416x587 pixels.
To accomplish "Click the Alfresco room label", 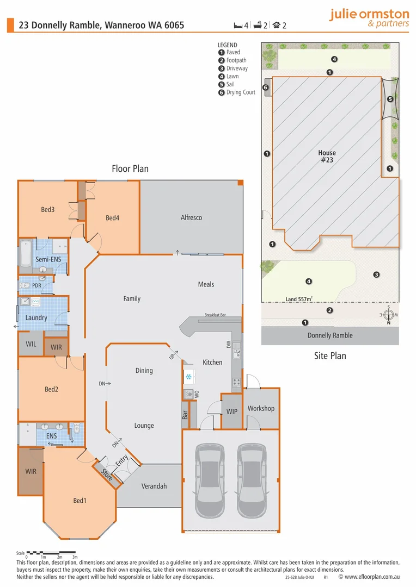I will click(191, 217).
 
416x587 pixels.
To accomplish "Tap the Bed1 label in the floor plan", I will click(79, 501).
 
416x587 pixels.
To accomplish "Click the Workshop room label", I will click(261, 408).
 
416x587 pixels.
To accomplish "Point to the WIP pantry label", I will click(232, 411).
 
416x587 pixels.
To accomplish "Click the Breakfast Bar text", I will click(215, 315).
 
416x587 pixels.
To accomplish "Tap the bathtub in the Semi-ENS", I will click(26, 253).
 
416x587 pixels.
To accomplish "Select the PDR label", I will click(36, 285).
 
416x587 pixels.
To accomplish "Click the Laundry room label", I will click(36, 317).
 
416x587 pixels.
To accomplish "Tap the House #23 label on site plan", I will click(327, 157).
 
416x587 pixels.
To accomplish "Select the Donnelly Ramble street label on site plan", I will click(330, 335).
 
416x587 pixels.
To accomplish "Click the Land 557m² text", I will click(299, 299).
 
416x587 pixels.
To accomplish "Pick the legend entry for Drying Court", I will click(240, 92).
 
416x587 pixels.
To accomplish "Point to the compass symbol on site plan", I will click(388, 315).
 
